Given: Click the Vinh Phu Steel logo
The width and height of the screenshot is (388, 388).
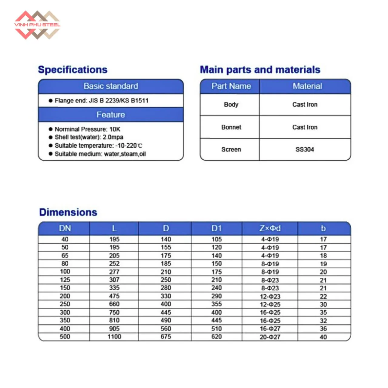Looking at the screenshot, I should pyautogui.click(x=37, y=25).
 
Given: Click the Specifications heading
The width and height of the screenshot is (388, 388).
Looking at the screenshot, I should pyautogui.click(x=73, y=70).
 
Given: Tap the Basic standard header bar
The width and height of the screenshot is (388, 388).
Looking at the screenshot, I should pyautogui.click(x=111, y=86).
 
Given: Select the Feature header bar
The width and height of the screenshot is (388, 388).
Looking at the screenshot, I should pyautogui.click(x=111, y=115).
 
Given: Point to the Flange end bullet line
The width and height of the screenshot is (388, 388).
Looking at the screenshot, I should pyautogui.click(x=101, y=101).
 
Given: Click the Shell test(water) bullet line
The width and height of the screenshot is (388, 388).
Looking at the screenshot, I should pyautogui.click(x=89, y=137).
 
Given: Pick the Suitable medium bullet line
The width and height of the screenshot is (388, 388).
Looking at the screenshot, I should pyautogui.click(x=100, y=154).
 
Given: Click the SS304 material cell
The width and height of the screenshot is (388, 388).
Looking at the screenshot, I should pyautogui.click(x=305, y=149).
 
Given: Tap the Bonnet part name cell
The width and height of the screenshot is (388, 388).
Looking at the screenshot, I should pyautogui.click(x=231, y=127).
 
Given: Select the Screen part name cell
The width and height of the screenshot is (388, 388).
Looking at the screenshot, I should pyautogui.click(x=231, y=149).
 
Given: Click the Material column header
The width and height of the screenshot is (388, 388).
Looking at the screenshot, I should pyautogui.click(x=307, y=86).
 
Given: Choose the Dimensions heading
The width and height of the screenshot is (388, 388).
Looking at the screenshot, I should pyautogui.click(x=68, y=212).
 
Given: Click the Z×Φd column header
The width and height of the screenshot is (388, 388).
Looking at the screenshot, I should pyautogui.click(x=270, y=228).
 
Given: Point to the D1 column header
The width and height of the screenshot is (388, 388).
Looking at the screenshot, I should pyautogui.click(x=216, y=228).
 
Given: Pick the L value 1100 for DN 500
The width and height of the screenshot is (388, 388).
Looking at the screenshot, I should pyautogui.click(x=114, y=337).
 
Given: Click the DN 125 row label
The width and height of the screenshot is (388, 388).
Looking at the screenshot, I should pyautogui.click(x=65, y=280).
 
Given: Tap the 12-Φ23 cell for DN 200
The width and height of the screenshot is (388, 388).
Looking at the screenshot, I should pyautogui.click(x=270, y=296).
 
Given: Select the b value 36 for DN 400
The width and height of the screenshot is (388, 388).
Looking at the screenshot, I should pyautogui.click(x=323, y=329).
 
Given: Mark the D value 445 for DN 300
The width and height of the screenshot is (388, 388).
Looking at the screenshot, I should pyautogui.click(x=166, y=312).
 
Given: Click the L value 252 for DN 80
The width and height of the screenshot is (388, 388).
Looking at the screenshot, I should pyautogui.click(x=114, y=264).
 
